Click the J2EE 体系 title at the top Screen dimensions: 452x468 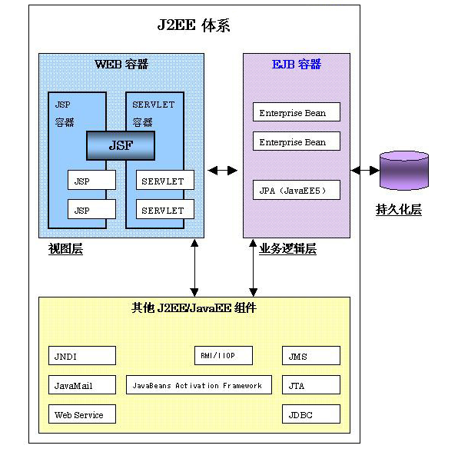pos(194,26)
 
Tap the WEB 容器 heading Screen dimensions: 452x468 pos(121,64)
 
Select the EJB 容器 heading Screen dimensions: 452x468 pos(297,64)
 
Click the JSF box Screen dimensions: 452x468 pos(120,145)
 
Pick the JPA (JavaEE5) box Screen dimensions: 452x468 pos(296,190)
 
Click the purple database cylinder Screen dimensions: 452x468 pos(403,171)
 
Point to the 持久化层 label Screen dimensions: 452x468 pos(398,210)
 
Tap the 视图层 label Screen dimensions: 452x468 pos(64,249)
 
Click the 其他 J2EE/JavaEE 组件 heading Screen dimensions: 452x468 pos(194,308)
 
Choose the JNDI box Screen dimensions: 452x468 pos(82,356)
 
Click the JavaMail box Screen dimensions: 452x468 pos(82,385)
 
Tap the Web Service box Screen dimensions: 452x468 pos(82,415)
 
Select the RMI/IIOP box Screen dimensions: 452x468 pos(224,356)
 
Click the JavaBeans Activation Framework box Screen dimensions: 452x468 pos(199,385)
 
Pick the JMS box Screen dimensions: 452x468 pos(310,356)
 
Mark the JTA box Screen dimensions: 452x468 pos(310,385)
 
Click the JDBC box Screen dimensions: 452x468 pos(310,415)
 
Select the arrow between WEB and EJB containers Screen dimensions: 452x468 pos(223,170)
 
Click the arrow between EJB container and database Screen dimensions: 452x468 pos(365,170)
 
